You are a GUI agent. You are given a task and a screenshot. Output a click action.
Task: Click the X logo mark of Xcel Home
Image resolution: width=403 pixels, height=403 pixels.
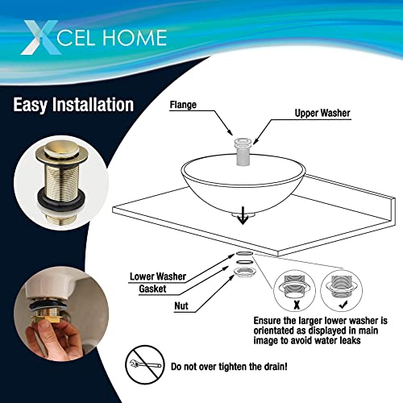point(40,38)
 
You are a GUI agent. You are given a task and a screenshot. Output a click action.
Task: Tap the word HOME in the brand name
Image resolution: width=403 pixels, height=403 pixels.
point(135,38)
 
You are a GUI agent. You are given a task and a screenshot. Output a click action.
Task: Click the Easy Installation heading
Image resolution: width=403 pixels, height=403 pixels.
point(73,105)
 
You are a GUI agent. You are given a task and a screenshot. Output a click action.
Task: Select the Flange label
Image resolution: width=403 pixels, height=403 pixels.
point(183,105)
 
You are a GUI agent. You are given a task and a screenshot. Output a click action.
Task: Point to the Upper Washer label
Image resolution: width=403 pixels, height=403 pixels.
point(322,113)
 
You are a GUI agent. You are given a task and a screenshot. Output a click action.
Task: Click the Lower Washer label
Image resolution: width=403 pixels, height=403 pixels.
point(158,276)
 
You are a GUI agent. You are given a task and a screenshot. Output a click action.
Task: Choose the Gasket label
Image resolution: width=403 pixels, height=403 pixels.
point(152,289)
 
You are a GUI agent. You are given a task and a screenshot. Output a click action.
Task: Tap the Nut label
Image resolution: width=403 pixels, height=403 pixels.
point(181,305)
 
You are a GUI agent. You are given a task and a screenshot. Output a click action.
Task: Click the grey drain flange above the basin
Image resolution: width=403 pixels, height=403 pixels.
point(243,152)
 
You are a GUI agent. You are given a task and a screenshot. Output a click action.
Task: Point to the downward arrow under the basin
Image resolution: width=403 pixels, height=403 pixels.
point(243,215)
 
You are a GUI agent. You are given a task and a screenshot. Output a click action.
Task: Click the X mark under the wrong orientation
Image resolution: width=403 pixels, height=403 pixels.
point(297,305)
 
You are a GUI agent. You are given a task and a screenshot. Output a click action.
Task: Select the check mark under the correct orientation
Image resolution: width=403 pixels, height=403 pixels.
point(343,305)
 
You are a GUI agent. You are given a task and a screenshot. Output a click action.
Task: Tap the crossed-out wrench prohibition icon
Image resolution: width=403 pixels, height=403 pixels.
point(145,364)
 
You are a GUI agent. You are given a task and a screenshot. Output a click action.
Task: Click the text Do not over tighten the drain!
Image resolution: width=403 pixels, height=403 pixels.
point(229,367)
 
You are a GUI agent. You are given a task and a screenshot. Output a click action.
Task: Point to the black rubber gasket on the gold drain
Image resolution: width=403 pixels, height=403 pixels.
point(61,199)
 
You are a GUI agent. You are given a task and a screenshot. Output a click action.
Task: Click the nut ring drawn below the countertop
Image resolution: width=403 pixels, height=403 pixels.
point(244,272)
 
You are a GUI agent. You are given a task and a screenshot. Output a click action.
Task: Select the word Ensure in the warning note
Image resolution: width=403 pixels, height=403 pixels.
point(267,321)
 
